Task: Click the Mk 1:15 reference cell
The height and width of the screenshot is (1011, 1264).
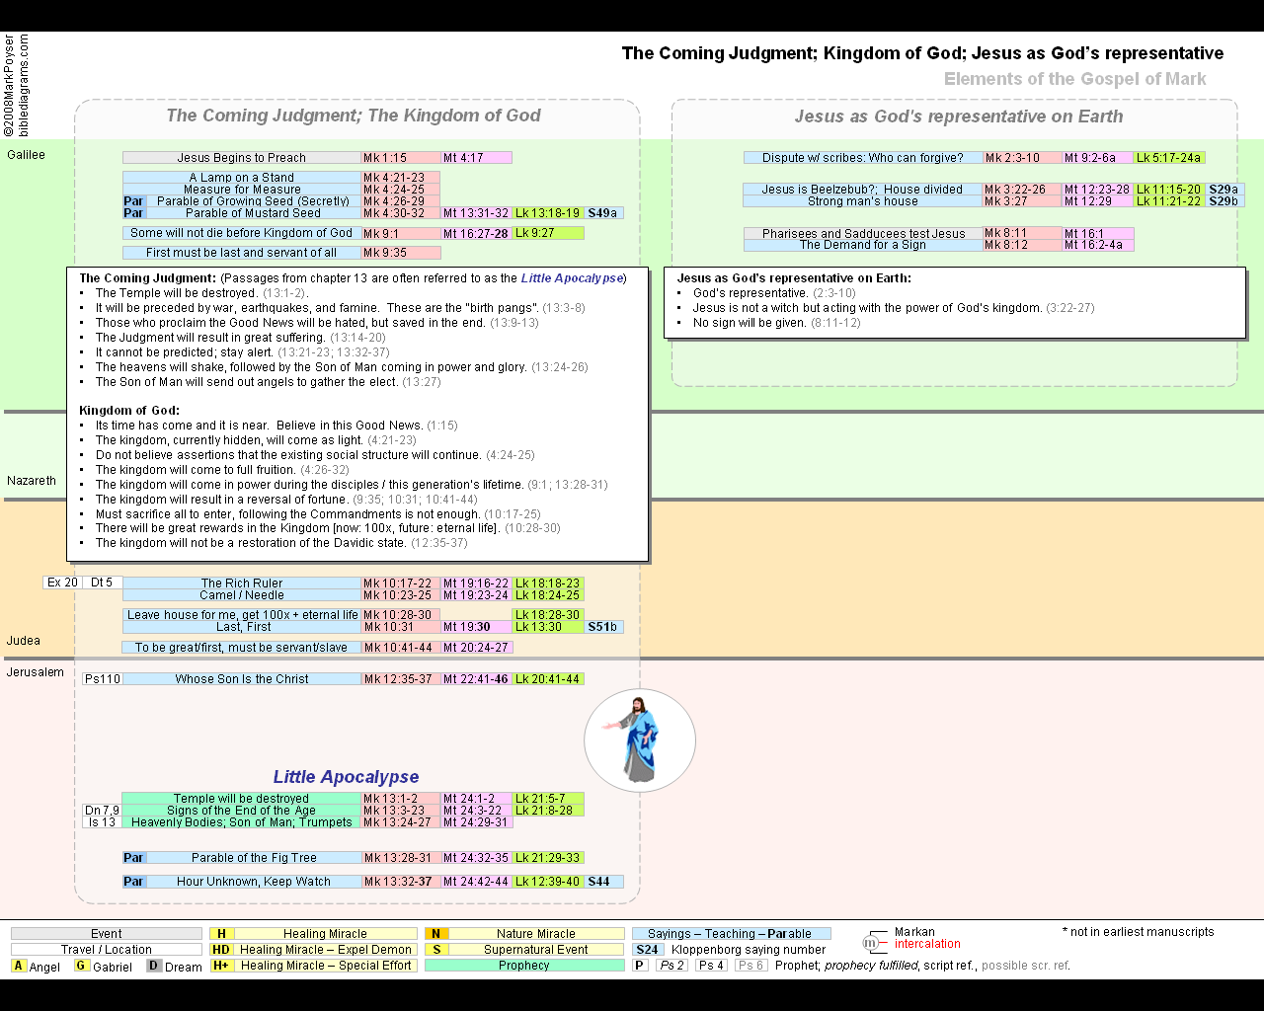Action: coord(400,158)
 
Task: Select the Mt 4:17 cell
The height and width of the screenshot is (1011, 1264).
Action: coord(476,158)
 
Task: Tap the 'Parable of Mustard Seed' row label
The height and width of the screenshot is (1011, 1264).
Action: coord(253,213)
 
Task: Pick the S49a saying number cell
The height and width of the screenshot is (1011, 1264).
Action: coord(602,213)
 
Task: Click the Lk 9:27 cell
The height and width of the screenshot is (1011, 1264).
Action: coord(548,233)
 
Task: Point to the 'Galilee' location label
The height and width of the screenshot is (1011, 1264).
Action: coord(27,155)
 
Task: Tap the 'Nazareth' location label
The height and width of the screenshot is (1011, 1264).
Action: coord(32,481)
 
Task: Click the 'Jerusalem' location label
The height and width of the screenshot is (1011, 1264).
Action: coord(36,672)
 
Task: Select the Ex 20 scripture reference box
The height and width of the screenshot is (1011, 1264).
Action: coord(62,583)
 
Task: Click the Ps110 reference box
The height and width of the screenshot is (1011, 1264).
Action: coord(103,679)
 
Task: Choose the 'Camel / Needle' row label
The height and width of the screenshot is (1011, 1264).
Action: coord(242,595)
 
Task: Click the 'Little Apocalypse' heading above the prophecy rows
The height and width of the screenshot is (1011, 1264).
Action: coord(346,777)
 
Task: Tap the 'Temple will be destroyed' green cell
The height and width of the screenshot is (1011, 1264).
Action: coord(241,799)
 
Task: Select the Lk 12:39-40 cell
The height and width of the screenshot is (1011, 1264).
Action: coord(548,882)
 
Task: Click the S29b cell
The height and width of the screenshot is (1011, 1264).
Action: coord(1224,201)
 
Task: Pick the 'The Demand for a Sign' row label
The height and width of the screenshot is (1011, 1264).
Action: coord(863,245)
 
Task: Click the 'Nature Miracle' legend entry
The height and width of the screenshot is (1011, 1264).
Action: coord(536,934)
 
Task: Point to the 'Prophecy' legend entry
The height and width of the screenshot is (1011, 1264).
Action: coord(523,966)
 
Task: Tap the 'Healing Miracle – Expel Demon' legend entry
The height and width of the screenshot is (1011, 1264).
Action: coord(325,950)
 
